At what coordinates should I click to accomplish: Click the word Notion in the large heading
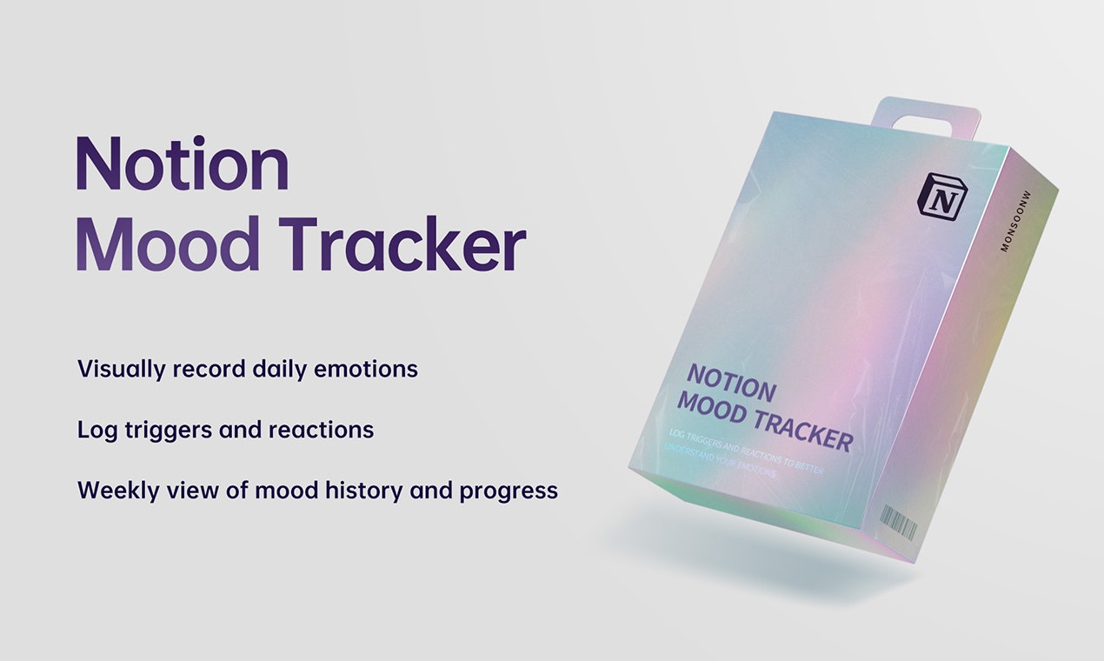tap(182, 164)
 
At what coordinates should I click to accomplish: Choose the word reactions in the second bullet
tap(321, 430)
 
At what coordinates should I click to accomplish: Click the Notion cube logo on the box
tap(942, 196)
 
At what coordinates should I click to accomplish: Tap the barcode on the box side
tap(898, 524)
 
